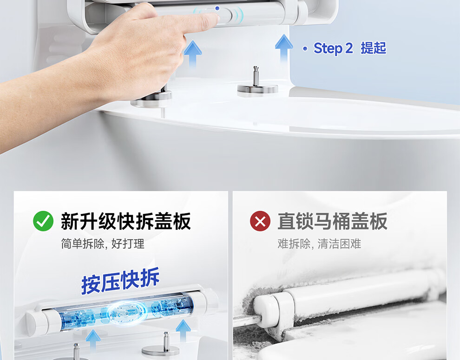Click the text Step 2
[333, 48]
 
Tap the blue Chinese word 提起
[373, 48]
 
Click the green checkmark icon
[43, 221]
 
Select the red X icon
[260, 221]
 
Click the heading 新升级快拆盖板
[126, 221]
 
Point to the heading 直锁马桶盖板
[332, 221]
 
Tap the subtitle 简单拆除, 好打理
[103, 244]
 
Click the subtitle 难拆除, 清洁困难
[319, 244]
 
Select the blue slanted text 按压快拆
[120, 281]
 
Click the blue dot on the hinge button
[217, 8]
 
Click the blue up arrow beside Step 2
[284, 47]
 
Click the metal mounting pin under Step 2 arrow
[256, 76]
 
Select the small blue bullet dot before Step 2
[305, 48]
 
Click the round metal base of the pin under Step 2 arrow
[257, 90]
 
